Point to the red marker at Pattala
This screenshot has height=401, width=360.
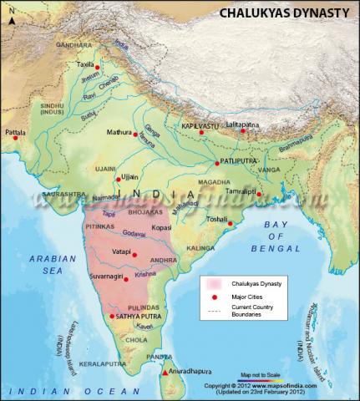(15, 138)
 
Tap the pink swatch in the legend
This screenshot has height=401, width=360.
(215, 285)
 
